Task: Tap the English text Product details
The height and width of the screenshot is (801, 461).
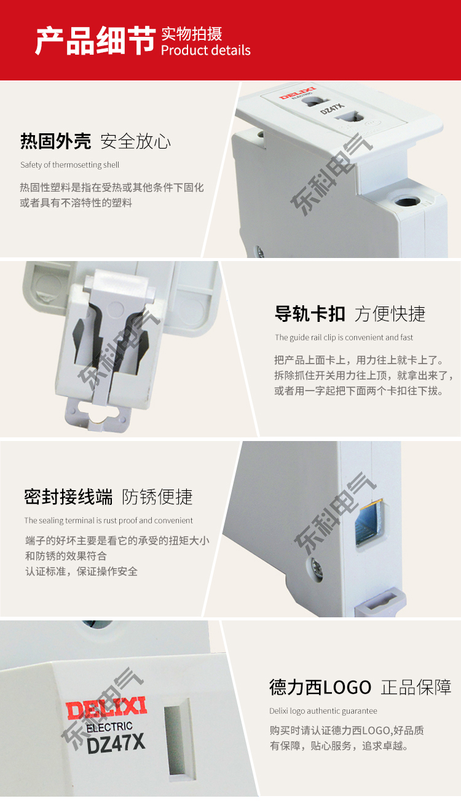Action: point(206,50)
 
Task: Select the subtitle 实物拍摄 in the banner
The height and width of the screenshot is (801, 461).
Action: point(192,34)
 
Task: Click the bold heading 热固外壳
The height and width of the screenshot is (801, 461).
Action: point(55,141)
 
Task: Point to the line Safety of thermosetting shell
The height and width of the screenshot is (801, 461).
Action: point(70,165)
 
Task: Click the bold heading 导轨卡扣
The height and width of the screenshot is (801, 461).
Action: point(310,314)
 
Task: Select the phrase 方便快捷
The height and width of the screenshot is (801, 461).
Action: point(390,314)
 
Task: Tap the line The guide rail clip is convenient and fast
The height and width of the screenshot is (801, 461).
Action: point(344,337)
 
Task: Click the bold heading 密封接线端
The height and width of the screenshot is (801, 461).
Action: point(68,497)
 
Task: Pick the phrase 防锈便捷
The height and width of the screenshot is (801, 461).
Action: point(157,497)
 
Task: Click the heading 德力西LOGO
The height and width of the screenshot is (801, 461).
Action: point(320,687)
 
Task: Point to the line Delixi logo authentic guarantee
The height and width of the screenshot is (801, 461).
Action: point(323,711)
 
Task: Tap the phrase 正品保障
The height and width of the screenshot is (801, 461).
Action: point(416,687)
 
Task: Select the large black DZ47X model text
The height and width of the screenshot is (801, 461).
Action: point(116,743)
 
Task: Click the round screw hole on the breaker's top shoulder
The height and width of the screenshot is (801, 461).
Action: point(406,201)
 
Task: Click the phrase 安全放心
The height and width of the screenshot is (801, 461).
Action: point(136,141)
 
